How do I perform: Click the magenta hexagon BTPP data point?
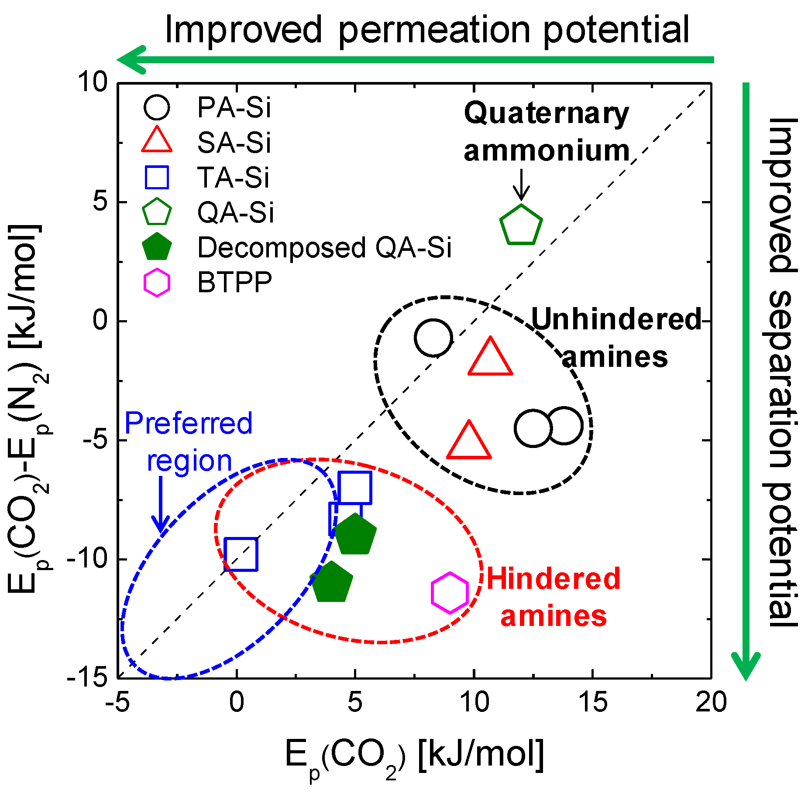[450, 592]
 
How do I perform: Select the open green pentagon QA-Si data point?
[521, 226]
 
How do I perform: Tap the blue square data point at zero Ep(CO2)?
[241, 554]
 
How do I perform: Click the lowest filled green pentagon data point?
[332, 582]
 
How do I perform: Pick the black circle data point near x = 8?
[433, 338]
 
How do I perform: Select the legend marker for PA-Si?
[157, 107]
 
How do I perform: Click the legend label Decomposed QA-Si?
[324, 248]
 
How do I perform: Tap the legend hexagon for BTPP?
[157, 283]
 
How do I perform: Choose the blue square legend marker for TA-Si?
[157, 178]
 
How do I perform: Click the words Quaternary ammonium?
[547, 132]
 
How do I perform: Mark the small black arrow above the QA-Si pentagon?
[521, 185]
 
